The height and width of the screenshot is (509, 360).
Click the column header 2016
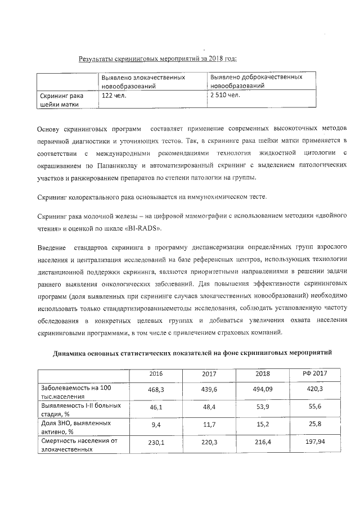pos(156,374)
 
